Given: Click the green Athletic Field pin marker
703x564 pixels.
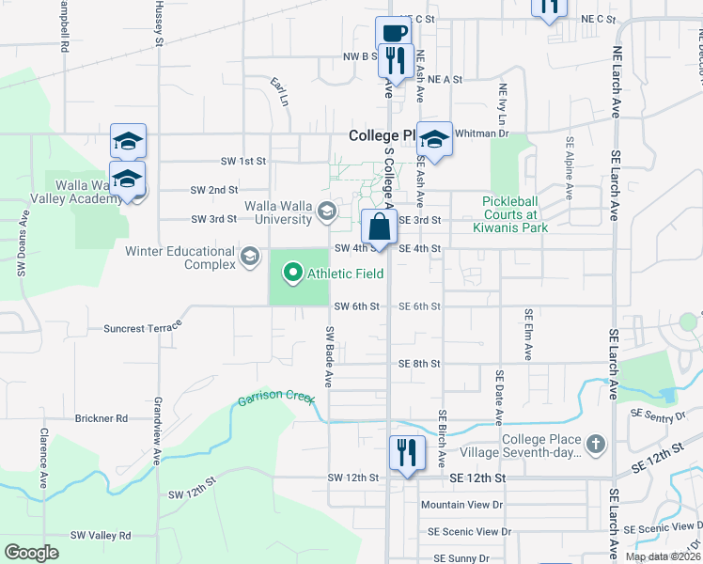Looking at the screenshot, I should [x=292, y=274].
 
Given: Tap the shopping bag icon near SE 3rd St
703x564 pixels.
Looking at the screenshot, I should [x=379, y=228].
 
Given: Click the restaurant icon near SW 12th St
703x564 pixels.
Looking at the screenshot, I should [x=406, y=454].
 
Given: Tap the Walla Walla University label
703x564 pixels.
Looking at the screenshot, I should [x=278, y=212].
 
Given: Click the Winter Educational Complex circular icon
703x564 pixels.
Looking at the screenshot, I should [x=250, y=256].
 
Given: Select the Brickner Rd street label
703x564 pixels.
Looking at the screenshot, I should [x=102, y=418].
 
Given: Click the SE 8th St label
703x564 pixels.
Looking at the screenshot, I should [x=419, y=364].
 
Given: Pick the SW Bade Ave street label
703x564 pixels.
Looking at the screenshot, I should [x=329, y=357].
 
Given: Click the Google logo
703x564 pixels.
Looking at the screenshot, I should [x=31, y=553].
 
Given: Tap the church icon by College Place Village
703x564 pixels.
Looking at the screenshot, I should [x=594, y=442].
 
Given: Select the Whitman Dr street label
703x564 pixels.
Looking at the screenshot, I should [x=481, y=133].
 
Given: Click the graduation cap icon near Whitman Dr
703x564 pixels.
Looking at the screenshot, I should [x=435, y=139].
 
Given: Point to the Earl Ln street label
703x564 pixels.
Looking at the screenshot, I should [x=279, y=91].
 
